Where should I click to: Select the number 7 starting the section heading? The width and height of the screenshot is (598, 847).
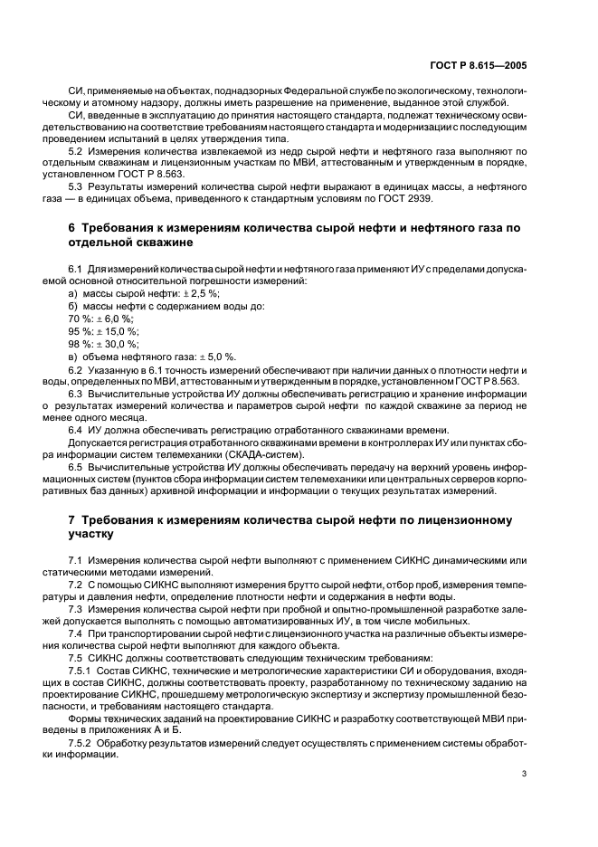(73, 520)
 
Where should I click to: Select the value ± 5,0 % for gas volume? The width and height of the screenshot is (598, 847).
(216, 357)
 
